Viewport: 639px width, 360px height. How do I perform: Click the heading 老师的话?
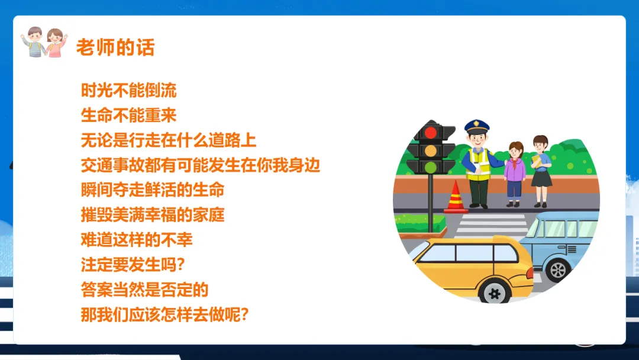coord(115,47)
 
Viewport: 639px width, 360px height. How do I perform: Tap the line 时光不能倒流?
coord(128,91)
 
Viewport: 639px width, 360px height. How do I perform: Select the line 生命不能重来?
coord(128,115)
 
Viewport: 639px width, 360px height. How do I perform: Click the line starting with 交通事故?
coord(200,165)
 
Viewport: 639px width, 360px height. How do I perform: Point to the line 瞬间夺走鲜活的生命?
coord(153,190)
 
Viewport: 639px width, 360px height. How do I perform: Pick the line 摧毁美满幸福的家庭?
coord(153,215)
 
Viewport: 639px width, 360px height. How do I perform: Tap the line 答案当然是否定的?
coord(144,290)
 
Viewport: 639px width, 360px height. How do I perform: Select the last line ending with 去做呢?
coord(164,314)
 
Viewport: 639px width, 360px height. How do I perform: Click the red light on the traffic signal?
coord(431,133)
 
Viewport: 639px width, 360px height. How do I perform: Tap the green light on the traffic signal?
coord(431,167)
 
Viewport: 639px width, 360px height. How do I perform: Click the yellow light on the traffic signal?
coord(431,150)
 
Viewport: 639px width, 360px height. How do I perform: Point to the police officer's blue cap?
coord(477,126)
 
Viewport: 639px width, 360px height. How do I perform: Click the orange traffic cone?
coord(456,197)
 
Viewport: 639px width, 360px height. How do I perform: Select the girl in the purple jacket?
coord(515,174)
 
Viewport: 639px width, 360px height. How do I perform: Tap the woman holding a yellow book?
coord(541,171)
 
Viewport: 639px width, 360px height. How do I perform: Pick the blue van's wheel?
coord(558,269)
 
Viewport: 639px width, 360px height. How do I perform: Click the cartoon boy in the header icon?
coord(34,42)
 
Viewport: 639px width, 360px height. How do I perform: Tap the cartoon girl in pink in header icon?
coord(56,43)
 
